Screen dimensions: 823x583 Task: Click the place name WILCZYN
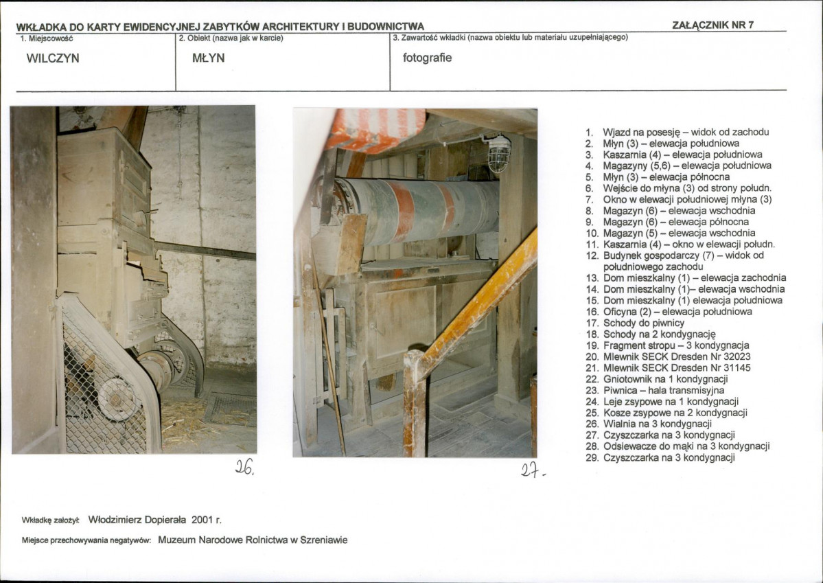point(53,58)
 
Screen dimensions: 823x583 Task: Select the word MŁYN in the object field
point(209,58)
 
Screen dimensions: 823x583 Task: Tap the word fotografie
point(427,58)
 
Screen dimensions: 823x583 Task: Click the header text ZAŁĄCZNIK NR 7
point(712,25)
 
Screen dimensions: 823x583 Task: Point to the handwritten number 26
point(244,466)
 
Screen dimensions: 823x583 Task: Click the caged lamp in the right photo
point(498,153)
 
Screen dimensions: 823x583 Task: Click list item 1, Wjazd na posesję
point(677,133)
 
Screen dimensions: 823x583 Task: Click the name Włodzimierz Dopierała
point(137,520)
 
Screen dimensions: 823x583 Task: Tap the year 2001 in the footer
point(202,520)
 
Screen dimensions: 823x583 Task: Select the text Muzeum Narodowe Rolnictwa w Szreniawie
point(253,540)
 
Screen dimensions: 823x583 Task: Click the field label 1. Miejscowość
point(47,38)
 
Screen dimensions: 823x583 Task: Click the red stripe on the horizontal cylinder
point(404,211)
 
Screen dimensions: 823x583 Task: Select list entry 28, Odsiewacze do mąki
point(677,446)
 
